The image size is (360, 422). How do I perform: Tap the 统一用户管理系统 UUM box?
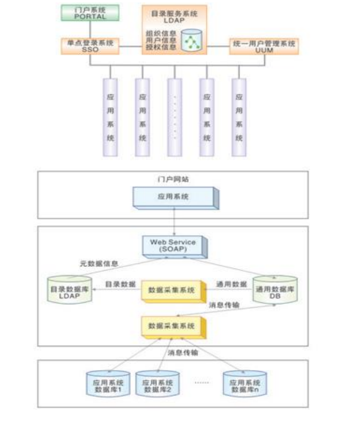tap(264, 46)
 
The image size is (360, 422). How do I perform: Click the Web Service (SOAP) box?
tap(173, 245)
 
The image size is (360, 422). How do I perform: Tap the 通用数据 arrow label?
tap(231, 284)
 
